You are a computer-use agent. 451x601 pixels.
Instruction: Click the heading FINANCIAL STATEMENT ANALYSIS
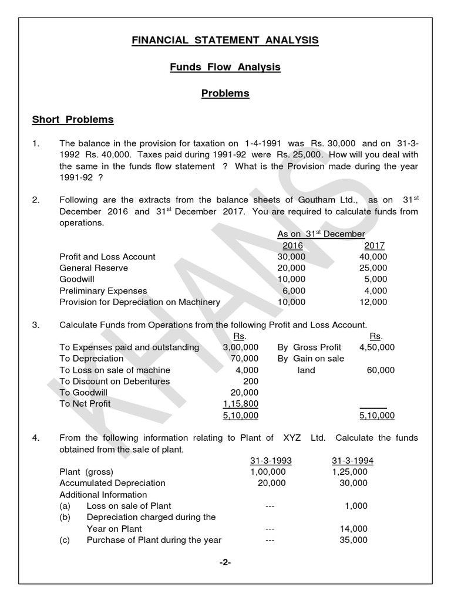[225, 40]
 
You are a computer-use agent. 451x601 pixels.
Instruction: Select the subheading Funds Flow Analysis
[225, 67]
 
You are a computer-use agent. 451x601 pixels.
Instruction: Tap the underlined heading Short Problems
[73, 120]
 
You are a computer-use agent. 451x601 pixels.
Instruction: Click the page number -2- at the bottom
[225, 562]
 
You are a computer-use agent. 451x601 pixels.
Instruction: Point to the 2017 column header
[374, 245]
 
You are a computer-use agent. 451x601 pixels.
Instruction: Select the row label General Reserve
[94, 268]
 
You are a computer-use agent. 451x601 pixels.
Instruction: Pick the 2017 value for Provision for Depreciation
[373, 302]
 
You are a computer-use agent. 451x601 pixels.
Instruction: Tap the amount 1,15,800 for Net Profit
[241, 404]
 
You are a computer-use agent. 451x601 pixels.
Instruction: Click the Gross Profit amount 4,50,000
[376, 347]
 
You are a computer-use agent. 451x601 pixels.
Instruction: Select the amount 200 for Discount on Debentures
[251, 381]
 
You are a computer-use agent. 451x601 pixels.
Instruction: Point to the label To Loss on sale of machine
[115, 370]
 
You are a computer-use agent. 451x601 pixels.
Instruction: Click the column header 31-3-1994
[352, 461]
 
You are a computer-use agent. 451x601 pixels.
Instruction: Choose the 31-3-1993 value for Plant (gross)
[268, 472]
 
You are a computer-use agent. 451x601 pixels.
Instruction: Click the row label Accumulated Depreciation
[113, 483]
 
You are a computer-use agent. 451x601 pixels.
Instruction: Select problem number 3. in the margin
[36, 325]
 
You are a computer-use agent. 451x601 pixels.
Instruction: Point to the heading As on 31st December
[321, 234]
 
